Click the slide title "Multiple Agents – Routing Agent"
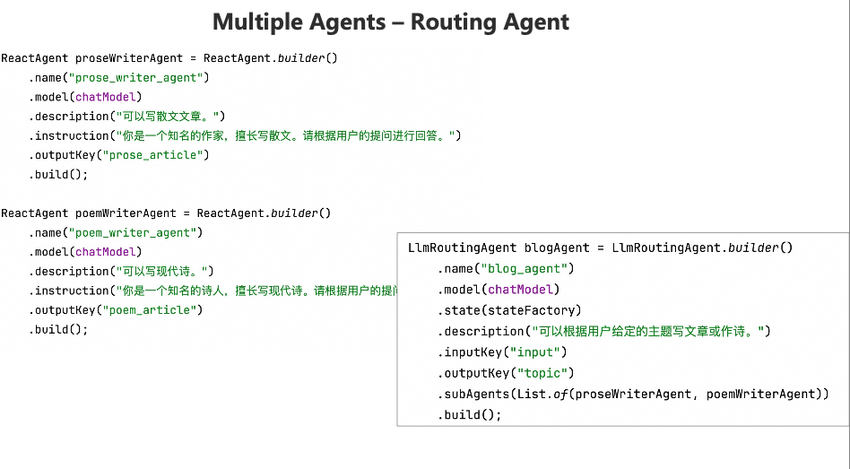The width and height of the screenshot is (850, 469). pyautogui.click(x=390, y=22)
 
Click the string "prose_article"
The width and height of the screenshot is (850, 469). pyautogui.click(x=156, y=155)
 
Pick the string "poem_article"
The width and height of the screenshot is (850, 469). pyautogui.click(x=152, y=310)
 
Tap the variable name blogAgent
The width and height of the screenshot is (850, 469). pyautogui.click(x=557, y=248)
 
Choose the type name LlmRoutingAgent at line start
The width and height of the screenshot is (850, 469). pyautogui.click(x=462, y=248)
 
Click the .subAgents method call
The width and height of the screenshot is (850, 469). pyautogui.click(x=475, y=395)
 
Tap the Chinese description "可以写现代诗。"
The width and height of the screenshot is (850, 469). pyautogui.click(x=162, y=272)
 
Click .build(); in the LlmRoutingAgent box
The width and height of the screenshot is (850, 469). pyautogui.click(x=470, y=415)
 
